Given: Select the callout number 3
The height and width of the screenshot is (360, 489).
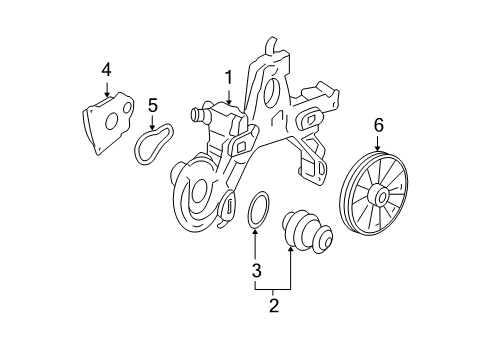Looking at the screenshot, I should [256, 271].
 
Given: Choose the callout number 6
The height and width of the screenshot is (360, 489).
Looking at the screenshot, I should [378, 125].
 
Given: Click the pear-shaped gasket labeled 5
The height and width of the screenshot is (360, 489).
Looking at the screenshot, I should [153, 144].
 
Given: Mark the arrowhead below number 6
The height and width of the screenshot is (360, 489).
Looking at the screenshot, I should [378, 150].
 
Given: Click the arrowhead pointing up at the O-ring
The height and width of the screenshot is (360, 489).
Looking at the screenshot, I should [256, 234].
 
